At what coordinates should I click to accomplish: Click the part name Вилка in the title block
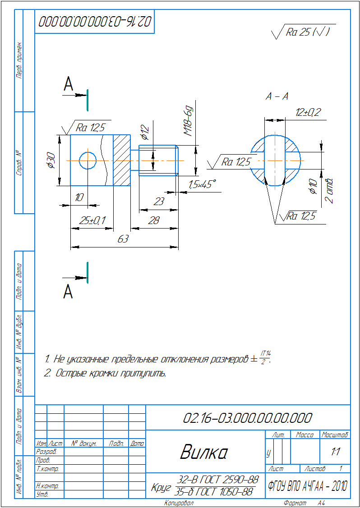[x=203, y=452]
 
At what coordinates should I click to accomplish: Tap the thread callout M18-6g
[x=189, y=122]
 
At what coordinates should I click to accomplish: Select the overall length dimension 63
[x=123, y=239]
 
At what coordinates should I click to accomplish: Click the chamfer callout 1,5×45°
[x=202, y=184]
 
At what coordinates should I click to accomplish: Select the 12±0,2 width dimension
[x=308, y=113]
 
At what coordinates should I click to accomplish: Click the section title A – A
[x=277, y=96]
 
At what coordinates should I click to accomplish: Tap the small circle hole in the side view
[x=88, y=160]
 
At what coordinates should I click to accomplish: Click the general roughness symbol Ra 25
[x=303, y=32]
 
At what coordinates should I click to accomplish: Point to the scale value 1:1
[x=335, y=451]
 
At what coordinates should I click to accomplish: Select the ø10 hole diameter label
[x=314, y=186]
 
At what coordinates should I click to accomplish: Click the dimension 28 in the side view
[x=154, y=220]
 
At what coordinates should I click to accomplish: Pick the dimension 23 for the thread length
[x=158, y=201]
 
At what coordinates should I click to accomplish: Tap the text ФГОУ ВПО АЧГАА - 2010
[x=307, y=486]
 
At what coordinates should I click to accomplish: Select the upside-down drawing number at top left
[x=95, y=21]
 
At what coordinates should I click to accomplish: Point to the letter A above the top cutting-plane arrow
[x=68, y=84]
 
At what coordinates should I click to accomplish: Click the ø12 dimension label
[x=145, y=130]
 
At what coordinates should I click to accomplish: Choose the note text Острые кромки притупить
[x=106, y=374]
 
